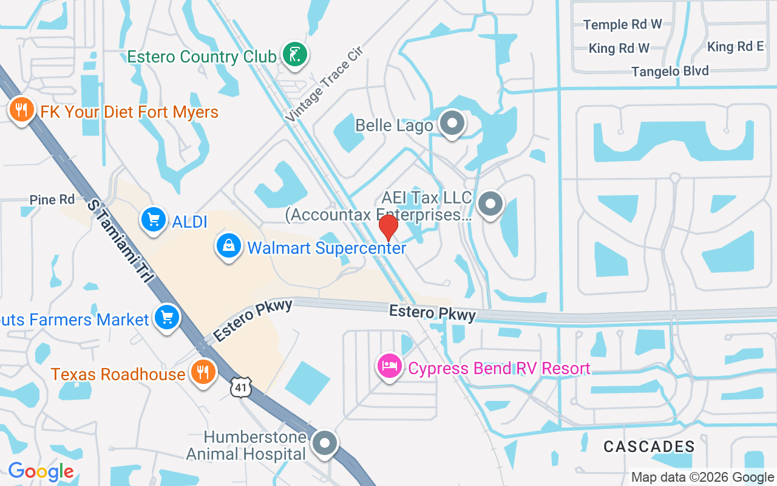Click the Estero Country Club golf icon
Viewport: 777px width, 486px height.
pos(295,55)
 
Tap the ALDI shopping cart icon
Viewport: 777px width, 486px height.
pos(154,220)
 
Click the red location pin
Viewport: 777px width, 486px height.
pos(388,228)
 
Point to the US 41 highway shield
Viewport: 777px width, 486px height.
pos(240,386)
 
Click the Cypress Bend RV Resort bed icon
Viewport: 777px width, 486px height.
pos(389,366)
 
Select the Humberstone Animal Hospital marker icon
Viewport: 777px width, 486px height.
pos(325,443)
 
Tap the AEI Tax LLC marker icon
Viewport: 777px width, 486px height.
pos(490,204)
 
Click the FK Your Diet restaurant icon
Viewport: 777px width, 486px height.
pos(21,110)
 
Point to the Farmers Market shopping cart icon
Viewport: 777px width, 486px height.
pos(166,317)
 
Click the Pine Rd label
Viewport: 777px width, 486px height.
pos(52,200)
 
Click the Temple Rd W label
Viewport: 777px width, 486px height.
pos(622,25)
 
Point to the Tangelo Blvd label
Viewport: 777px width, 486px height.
pos(670,71)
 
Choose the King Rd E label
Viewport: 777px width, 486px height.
pos(735,47)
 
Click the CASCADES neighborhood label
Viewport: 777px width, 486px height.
pos(649,447)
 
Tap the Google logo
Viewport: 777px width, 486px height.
pos(41,471)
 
